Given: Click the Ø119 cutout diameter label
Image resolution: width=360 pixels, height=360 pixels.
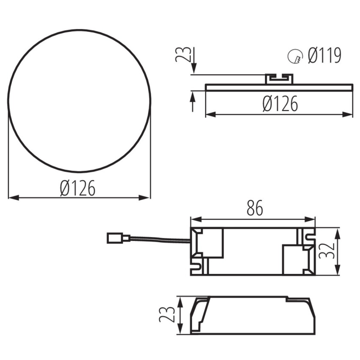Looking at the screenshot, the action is tap(324, 55).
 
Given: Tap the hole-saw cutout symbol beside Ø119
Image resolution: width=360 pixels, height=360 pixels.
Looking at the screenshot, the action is tap(295, 56).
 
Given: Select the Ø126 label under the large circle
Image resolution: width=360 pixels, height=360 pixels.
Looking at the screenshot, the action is tap(78, 188).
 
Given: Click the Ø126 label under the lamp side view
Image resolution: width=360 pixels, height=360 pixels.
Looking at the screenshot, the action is tap(280, 103).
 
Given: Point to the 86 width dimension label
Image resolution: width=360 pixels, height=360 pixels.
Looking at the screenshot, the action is tap(255, 208).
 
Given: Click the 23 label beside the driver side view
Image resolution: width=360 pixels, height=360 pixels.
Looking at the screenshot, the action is tap(167, 314).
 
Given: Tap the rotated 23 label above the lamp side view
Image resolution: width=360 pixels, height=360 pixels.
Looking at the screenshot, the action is tap(183, 54).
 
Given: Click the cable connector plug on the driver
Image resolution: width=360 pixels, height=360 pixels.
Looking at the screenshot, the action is tap(118, 238).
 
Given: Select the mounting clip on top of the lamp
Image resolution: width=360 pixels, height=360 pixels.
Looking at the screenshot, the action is tap(279, 79).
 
